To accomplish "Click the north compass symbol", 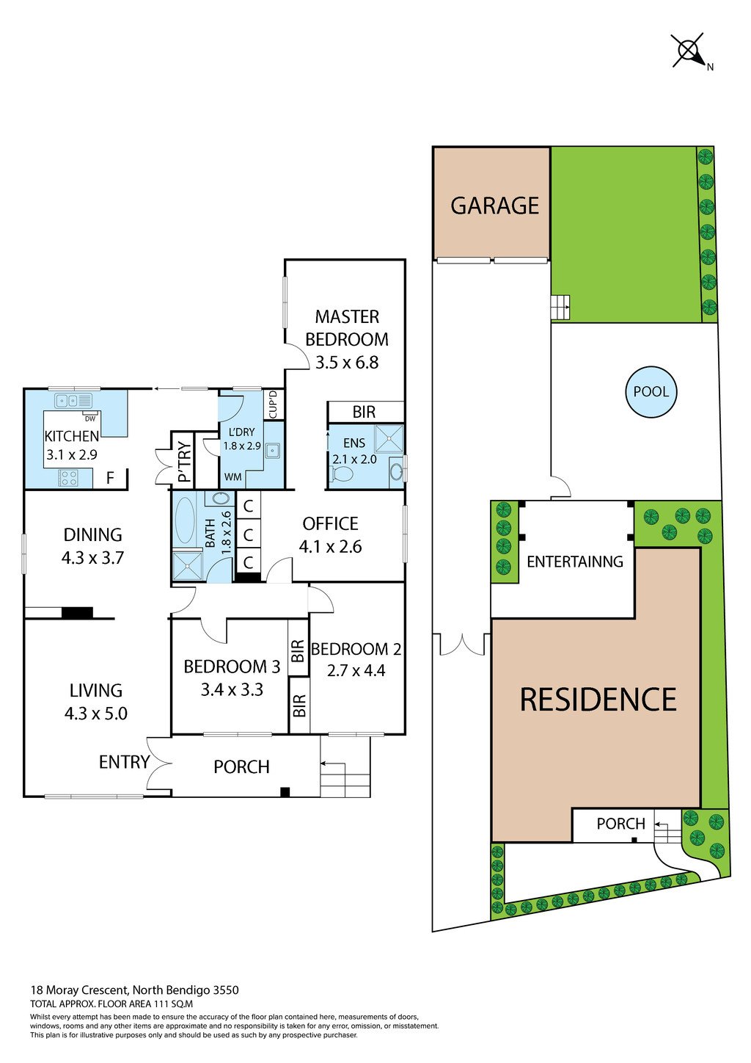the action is pos(692,51).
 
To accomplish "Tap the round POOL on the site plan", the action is pos(651,391).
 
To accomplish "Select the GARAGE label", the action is pos(494,206).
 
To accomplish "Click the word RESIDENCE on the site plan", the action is pos(598,699).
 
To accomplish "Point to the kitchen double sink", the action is pos(73,401).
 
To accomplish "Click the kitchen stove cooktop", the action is pos(69,477).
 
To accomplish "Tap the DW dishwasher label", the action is pos(89,418).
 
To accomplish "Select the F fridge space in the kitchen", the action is pos(111,477).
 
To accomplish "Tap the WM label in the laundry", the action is pos(232,477).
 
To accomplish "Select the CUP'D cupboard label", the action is pos(273,404).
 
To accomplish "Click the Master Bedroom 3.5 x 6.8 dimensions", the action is pos(347,363).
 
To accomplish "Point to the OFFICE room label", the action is pos(331,523).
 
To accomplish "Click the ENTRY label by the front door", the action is pos(124,762).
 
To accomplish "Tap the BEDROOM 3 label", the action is pos(232,667).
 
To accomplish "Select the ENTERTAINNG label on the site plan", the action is pos(575,562).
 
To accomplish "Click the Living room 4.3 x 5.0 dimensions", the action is pos(96,714).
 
